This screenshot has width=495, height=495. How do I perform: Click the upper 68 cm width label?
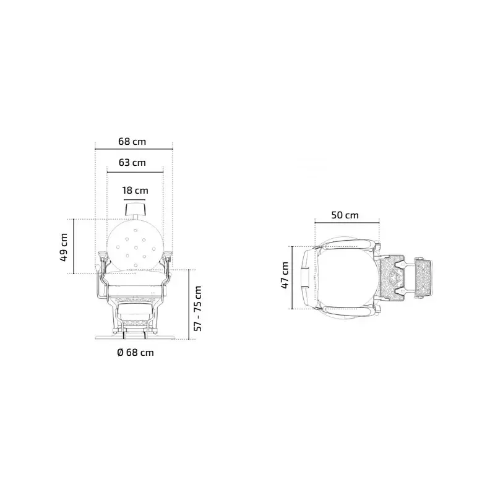click(x=132, y=141)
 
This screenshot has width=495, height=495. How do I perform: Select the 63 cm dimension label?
click(x=132, y=163)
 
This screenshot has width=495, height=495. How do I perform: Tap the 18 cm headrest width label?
click(x=135, y=191)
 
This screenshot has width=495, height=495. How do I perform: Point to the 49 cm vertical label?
click(x=64, y=247)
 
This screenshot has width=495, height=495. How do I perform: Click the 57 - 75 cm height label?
click(x=198, y=308)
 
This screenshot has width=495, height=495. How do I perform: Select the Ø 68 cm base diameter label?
click(x=135, y=353)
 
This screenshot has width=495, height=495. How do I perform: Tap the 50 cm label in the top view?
click(x=345, y=215)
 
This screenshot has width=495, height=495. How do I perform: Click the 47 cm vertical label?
click(x=285, y=275)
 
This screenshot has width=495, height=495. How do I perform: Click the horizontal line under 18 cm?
click(x=135, y=199)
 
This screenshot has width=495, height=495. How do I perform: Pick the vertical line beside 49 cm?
click(x=74, y=246)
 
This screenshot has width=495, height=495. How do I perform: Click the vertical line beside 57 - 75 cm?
click(x=187, y=303)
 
